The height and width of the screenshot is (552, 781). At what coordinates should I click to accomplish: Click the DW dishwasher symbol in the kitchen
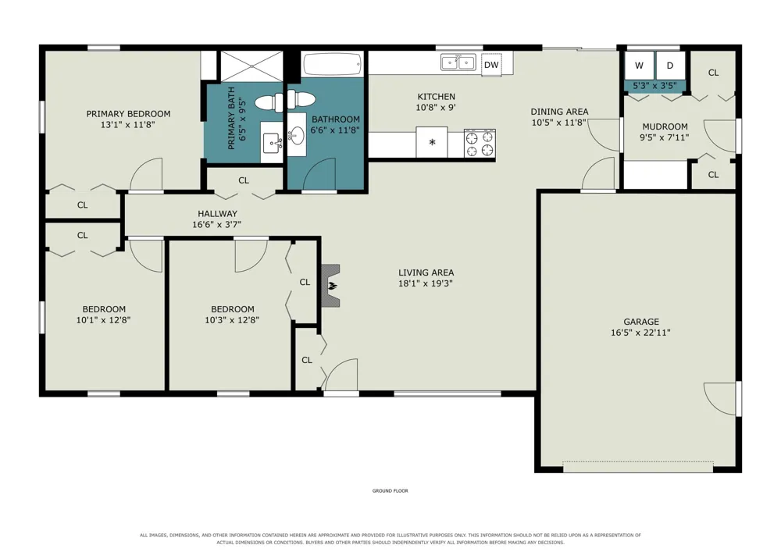[491, 65]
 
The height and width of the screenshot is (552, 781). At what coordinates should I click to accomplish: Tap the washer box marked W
[639, 66]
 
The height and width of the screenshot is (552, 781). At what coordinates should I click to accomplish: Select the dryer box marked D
[670, 66]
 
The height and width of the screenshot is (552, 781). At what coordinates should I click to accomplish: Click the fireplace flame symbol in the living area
[331, 286]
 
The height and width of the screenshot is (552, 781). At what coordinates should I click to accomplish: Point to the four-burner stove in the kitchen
[480, 144]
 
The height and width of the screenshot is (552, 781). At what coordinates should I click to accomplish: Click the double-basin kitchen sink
[458, 62]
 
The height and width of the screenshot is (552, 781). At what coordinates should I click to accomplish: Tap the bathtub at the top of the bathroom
[332, 64]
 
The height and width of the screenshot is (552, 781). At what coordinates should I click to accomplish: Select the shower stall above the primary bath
[251, 66]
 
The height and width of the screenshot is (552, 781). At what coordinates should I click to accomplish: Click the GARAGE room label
[641, 322]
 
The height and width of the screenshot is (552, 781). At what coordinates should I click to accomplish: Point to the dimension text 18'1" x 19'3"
[426, 283]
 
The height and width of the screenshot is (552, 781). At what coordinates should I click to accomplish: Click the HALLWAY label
[217, 213]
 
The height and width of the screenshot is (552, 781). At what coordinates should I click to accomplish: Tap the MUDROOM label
[665, 126]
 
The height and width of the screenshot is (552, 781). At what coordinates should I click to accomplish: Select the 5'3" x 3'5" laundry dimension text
[654, 86]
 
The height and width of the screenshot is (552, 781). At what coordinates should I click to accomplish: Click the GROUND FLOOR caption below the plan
[390, 491]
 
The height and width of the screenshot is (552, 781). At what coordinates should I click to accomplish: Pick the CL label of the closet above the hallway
[244, 180]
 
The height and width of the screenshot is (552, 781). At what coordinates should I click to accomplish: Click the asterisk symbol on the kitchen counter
[432, 142]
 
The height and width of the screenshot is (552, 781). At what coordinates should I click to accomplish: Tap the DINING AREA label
[559, 112]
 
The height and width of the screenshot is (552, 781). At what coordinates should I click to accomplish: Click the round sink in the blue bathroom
[298, 134]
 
